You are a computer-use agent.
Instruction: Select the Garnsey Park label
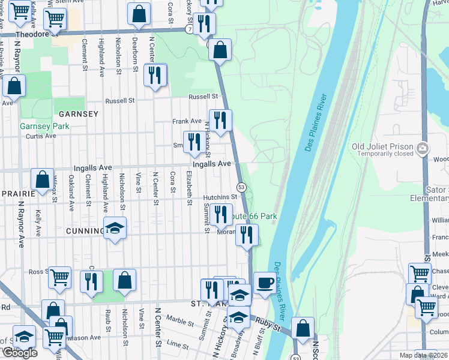(x=45, y=126)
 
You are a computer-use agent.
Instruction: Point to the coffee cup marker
(x=264, y=283)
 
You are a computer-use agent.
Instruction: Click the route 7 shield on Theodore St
(x=188, y=29)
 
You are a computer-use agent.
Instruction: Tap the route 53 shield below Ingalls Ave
(x=240, y=187)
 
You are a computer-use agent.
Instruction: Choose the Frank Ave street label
(x=187, y=121)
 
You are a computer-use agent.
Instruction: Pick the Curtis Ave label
(x=41, y=136)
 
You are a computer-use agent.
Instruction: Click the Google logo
(x=19, y=353)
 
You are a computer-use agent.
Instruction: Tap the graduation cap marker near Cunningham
(x=115, y=228)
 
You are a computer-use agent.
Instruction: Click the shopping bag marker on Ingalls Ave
(x=42, y=179)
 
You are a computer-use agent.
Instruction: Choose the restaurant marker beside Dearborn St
(x=155, y=75)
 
